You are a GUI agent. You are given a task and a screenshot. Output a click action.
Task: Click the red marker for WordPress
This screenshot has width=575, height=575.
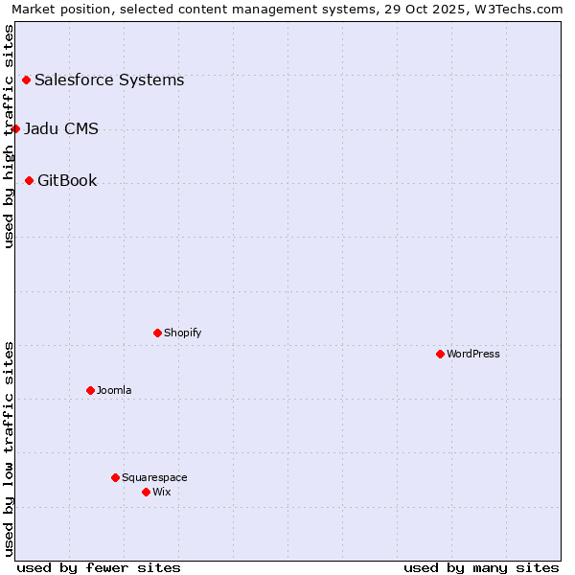[x=440, y=354]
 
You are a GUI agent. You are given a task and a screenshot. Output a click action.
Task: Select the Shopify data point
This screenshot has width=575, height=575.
[x=157, y=333]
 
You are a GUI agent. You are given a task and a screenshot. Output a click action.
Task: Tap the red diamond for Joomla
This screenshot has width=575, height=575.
[x=90, y=390]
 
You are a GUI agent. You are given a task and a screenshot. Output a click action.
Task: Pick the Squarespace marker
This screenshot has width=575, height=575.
[x=115, y=477]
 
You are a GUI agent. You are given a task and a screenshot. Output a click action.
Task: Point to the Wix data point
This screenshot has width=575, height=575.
[x=146, y=492]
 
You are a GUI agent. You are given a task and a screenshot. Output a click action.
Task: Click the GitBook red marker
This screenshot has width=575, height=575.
[x=29, y=180]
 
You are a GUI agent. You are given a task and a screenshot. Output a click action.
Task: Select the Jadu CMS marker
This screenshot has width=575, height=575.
[x=15, y=128]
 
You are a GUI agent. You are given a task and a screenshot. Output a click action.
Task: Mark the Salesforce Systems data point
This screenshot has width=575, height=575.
[x=26, y=80]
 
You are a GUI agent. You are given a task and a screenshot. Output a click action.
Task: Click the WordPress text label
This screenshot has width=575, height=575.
[x=473, y=354]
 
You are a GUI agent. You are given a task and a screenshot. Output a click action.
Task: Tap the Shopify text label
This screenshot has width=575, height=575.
[x=183, y=333]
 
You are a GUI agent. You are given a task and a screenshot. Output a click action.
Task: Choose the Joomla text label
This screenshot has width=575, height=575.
[x=114, y=390]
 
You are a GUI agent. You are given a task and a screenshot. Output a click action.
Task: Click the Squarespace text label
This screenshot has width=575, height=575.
[x=154, y=477]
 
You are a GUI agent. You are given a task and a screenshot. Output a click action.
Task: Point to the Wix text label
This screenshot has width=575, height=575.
[x=162, y=492]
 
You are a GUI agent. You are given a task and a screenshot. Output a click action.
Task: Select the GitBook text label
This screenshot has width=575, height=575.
[x=67, y=180]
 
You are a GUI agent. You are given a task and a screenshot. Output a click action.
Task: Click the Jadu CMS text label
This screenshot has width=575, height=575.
[x=61, y=128]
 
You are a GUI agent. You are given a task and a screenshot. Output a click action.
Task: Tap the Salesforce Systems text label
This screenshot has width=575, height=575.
[x=109, y=80]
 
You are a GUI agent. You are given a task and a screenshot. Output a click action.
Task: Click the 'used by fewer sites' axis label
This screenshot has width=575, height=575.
[x=99, y=567]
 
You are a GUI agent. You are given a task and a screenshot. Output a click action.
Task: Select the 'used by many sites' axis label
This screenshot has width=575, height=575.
[x=481, y=567]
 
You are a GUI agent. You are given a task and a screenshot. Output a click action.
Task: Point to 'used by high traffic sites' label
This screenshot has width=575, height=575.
[x=9, y=136]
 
